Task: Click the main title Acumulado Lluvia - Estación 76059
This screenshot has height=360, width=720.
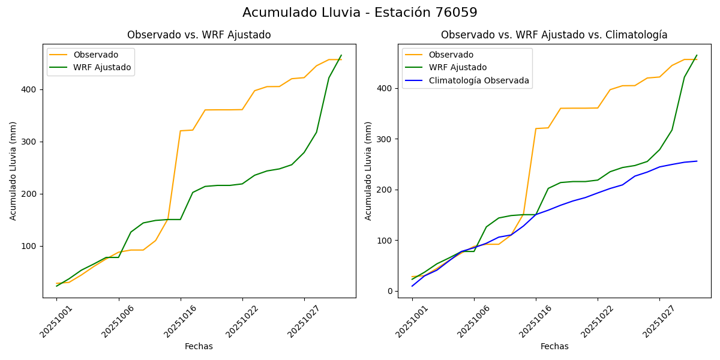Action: pos(360,13)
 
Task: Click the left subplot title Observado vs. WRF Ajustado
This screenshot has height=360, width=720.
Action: pos(199,35)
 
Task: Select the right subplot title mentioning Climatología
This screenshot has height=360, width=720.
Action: pos(554,35)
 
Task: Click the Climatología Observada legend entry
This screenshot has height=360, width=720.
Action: pos(478,80)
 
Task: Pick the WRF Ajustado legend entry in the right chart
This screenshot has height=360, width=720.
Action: pos(457,67)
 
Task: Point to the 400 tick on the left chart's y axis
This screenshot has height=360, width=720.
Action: pos(30,89)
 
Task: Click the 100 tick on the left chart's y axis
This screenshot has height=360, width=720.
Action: pos(30,246)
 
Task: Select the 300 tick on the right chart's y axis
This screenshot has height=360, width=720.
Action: pos(386,139)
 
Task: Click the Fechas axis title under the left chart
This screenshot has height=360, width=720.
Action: pos(199,346)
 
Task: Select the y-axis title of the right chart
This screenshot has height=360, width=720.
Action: pos(368,170)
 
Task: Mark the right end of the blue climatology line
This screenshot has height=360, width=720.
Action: pos(697,161)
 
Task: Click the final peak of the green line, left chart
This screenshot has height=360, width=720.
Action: pos(341,55)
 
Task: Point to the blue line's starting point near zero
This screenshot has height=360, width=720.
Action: pos(412,286)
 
